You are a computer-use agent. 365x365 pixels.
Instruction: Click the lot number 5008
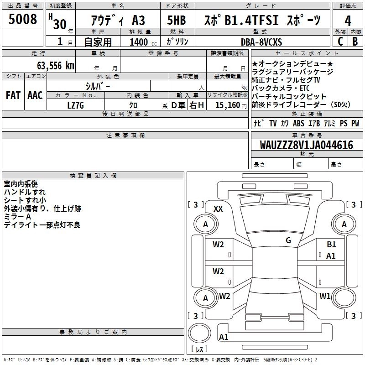[23, 19]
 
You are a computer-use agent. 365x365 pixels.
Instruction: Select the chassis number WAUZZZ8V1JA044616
[307, 146]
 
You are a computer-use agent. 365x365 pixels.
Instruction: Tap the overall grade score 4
[348, 21]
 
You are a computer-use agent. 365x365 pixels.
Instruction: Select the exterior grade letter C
[340, 42]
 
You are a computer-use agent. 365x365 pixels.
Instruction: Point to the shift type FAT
[13, 95]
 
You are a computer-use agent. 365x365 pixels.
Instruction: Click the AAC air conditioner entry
[35, 95]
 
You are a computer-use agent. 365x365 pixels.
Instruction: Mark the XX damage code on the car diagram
[218, 209]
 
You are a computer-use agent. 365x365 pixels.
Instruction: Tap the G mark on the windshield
[288, 240]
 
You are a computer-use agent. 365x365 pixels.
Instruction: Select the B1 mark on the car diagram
[331, 245]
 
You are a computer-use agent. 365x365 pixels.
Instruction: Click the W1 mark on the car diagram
[325, 296]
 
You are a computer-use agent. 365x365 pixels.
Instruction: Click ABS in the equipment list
[298, 123]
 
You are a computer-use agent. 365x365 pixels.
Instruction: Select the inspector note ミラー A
[17, 217]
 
